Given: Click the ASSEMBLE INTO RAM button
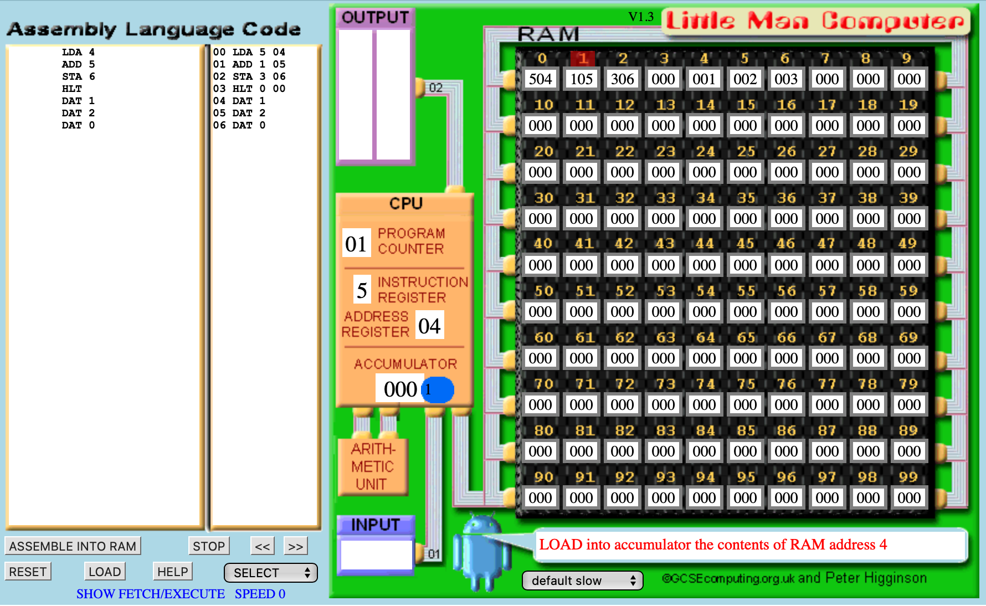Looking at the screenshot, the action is point(73,546).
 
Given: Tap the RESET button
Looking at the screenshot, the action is point(28,571).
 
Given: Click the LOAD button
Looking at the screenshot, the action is point(105,571).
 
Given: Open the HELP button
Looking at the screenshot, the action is point(172,571).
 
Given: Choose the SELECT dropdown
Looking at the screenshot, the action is point(271,573).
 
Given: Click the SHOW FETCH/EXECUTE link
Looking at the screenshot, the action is point(151,594).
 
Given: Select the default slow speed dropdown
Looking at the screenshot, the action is point(583,581).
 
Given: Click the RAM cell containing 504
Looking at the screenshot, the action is point(540,79).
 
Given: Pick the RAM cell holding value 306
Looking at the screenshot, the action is point(622,79).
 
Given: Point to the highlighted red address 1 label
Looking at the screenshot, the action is point(582,58).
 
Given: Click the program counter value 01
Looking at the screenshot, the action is point(356,244).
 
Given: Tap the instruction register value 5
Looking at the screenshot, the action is point(362,290).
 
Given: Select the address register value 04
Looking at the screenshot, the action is point(429,326).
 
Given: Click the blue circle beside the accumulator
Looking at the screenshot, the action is point(438,389).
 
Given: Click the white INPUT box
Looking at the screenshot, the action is point(377,554).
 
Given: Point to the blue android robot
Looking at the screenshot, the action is point(481,552).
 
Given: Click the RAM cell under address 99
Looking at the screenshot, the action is point(909,498).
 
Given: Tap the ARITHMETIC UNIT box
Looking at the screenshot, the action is point(373,466).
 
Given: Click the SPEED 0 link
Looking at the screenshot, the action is point(260,594).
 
